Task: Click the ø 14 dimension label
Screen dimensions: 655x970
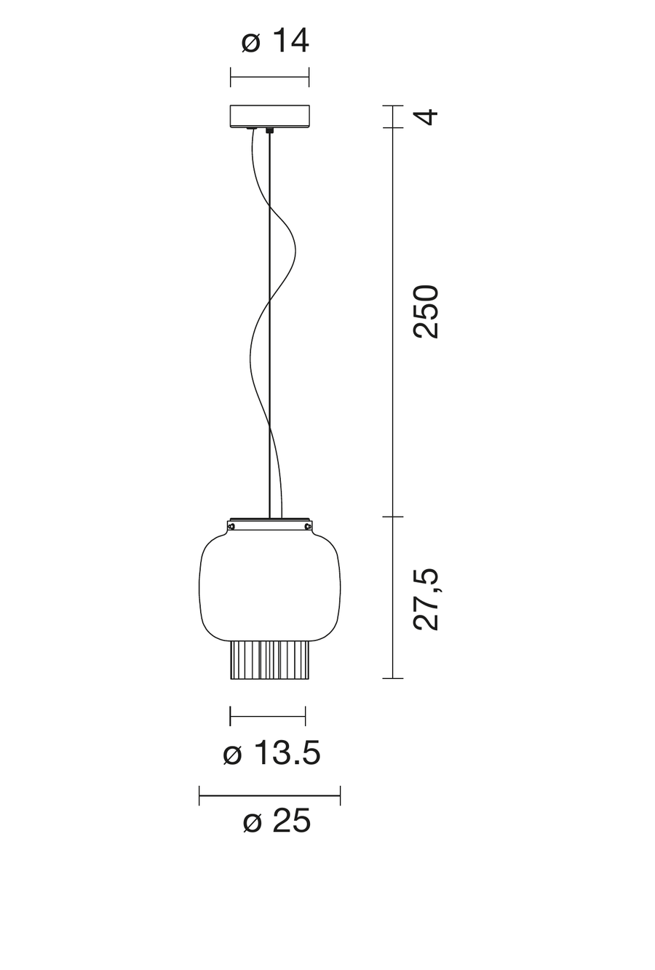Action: tap(276, 41)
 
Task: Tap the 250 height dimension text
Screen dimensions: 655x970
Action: tap(426, 311)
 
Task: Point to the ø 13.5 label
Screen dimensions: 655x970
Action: tap(271, 752)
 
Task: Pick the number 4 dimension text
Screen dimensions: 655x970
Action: tap(426, 117)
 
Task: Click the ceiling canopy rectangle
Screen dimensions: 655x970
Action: tap(269, 116)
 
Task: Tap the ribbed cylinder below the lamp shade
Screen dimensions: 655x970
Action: tap(270, 660)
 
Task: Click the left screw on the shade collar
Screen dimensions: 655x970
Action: tap(231, 526)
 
